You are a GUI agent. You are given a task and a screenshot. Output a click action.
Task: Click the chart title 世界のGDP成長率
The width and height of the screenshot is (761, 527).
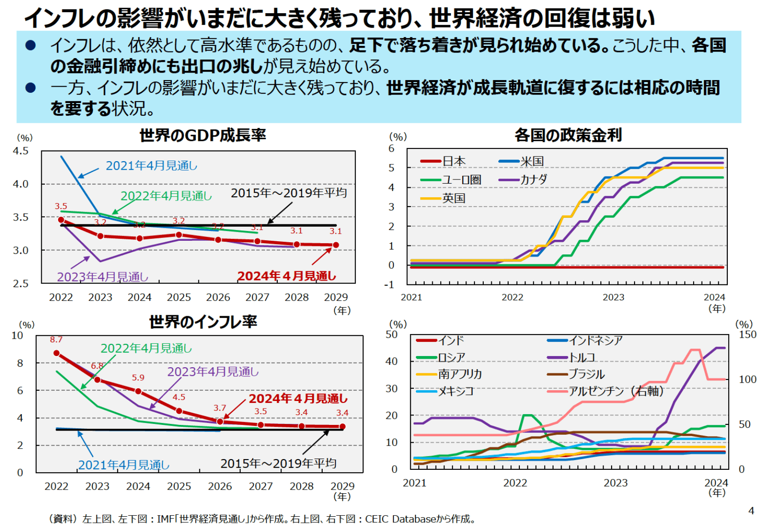click(x=202, y=135)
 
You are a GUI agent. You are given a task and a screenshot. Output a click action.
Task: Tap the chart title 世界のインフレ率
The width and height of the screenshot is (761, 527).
click(x=203, y=322)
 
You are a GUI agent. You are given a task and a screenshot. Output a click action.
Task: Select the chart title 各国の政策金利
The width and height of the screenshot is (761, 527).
click(x=568, y=135)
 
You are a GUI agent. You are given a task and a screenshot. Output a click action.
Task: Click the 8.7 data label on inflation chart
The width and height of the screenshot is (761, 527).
click(x=56, y=340)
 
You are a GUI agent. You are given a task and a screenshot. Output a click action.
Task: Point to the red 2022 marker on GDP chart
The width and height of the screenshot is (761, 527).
click(x=61, y=220)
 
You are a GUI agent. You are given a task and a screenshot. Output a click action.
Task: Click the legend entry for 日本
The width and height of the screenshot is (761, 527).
click(x=453, y=161)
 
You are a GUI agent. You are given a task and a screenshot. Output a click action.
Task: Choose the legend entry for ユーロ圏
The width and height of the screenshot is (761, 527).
click(x=461, y=180)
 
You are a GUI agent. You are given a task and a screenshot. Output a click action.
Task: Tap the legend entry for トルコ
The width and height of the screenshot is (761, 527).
click(x=582, y=357)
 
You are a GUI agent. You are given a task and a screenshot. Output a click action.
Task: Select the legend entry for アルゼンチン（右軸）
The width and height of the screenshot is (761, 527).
click(x=615, y=391)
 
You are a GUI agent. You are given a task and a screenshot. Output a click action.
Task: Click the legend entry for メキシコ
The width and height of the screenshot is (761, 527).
click(x=455, y=391)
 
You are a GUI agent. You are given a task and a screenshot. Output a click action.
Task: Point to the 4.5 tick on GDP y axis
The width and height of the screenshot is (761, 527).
click(x=21, y=151)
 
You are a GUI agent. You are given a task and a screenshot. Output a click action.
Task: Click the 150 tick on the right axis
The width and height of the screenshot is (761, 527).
click(x=747, y=334)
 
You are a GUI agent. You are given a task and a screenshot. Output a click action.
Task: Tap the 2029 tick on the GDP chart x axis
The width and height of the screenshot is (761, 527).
click(x=336, y=297)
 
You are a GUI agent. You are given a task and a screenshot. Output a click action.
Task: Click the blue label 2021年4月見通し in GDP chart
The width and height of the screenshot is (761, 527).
click(x=151, y=166)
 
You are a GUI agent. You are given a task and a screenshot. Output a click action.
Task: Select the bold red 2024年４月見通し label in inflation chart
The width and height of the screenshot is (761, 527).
click(x=298, y=399)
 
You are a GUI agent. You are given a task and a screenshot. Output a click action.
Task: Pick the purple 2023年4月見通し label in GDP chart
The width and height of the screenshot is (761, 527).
click(x=103, y=277)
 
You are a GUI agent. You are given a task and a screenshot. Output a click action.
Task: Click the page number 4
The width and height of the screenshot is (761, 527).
click(x=751, y=511)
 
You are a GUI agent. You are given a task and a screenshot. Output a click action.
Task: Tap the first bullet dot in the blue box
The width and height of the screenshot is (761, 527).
click(x=31, y=45)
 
